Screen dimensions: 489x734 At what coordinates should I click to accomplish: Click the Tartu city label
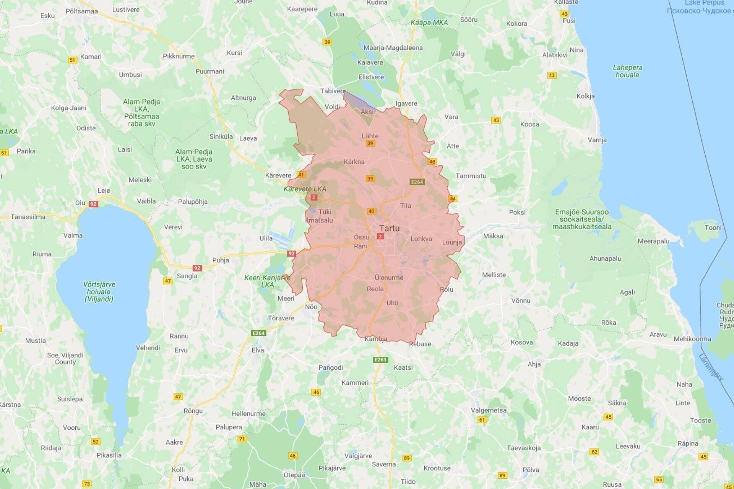pyautogui.click(x=389, y=228)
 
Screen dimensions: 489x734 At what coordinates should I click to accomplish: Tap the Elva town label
pyautogui.click(x=258, y=350)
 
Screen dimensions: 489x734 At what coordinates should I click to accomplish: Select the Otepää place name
pyautogui.click(x=294, y=475)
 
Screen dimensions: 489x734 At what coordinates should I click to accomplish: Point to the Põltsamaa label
pyautogui.click(x=81, y=11)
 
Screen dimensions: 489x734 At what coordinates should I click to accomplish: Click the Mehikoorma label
pyautogui.click(x=692, y=339)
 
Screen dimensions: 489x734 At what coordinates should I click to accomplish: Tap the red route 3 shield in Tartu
pyautogui.click(x=380, y=237)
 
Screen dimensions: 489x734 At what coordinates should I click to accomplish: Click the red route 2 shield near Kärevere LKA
pyautogui.click(x=314, y=197)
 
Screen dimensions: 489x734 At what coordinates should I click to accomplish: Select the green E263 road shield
pyautogui.click(x=380, y=360)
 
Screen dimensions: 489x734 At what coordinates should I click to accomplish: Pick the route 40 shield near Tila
pyautogui.click(x=371, y=211)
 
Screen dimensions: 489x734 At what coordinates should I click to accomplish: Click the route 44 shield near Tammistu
pyautogui.click(x=453, y=199)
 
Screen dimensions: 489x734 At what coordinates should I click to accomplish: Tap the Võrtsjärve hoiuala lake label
pyautogui.click(x=99, y=292)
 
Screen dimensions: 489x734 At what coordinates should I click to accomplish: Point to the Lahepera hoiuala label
pyautogui.click(x=627, y=71)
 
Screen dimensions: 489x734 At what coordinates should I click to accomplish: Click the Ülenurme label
pyautogui.click(x=389, y=278)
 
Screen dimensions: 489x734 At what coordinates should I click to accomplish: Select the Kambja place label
pyautogui.click(x=376, y=339)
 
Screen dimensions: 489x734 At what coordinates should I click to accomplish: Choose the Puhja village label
pyautogui.click(x=221, y=260)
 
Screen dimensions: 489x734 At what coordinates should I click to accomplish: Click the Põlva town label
pyautogui.click(x=530, y=470)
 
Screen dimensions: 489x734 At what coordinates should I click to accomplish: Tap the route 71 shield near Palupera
pyautogui.click(x=242, y=439)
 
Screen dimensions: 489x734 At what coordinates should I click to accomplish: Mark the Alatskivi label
pyautogui.click(x=554, y=55)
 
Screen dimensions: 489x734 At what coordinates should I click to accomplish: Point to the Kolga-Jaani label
pyautogui.click(x=68, y=108)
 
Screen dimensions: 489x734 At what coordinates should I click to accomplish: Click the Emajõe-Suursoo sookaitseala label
pyautogui.click(x=581, y=219)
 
